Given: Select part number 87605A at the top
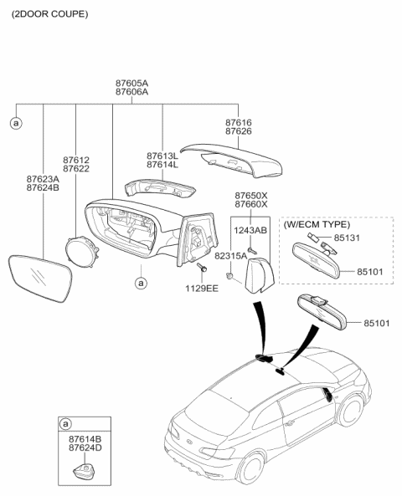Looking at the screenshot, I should (131, 84).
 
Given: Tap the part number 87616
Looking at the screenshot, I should (238, 122).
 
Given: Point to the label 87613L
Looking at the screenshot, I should (162, 156).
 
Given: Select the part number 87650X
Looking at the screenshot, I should (250, 195).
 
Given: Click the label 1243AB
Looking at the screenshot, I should (250, 230).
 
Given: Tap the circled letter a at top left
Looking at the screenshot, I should (14, 123).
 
